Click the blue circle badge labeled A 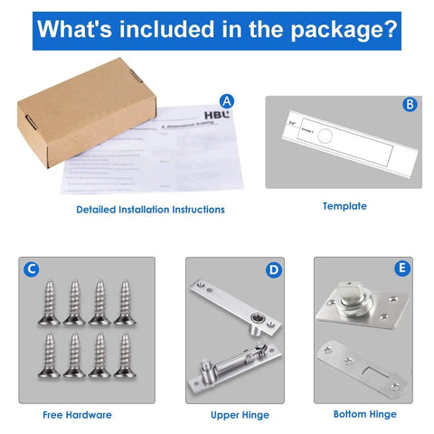227,101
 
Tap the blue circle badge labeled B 410,105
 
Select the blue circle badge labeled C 32,269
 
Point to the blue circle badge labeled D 274,269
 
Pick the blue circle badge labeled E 402,269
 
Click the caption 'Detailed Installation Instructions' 150,210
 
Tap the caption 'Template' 344,206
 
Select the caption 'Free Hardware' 77,415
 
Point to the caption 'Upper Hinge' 241,415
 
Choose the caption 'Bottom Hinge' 364,414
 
